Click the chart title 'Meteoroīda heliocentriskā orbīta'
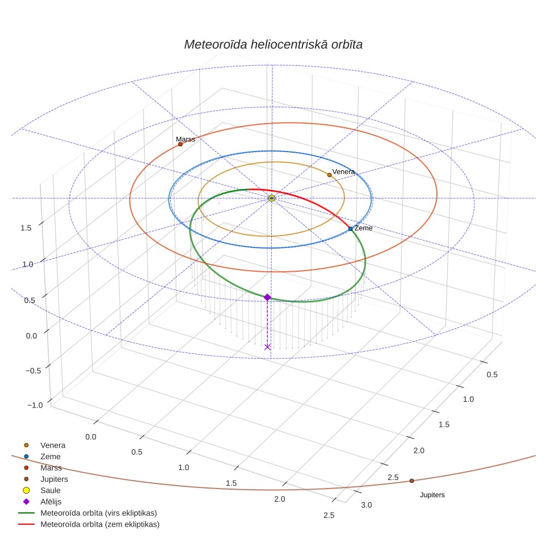tap(273, 44)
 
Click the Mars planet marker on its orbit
tap(180, 144)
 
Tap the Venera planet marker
tap(329, 175)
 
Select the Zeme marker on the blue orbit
tap(351, 229)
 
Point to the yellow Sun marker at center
tap(272, 198)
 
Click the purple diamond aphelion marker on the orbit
tap(267, 297)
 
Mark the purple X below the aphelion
tap(267, 347)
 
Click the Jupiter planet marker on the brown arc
tap(411, 481)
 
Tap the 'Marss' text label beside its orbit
tap(185, 139)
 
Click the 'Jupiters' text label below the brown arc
tap(432, 495)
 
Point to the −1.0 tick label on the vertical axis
tap(35, 405)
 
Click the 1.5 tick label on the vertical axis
tap(26, 228)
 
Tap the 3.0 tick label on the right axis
tap(367, 505)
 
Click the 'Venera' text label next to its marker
tap(343, 171)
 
